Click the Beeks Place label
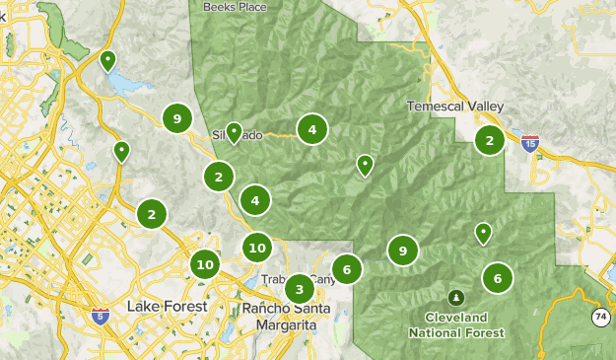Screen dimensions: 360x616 235,6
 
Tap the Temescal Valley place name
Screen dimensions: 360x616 455,107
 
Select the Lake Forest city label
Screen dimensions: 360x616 168,307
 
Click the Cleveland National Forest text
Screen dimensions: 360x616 456,324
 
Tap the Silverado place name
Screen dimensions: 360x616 237,135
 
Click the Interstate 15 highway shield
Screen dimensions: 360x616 530,144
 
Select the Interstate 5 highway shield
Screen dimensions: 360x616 100,316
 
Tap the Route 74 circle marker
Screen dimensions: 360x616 600,317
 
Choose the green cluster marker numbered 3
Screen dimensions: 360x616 299,289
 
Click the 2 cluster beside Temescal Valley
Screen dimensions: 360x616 489,141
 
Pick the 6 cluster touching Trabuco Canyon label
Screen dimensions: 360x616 346,268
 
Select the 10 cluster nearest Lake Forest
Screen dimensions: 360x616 205,264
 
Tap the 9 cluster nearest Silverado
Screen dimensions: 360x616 176,119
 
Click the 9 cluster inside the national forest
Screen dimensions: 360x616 403,252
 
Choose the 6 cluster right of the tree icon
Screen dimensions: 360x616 498,278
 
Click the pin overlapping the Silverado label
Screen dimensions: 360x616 234,132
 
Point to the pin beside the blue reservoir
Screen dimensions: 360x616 108,62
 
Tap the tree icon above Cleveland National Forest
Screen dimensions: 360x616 455,296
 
